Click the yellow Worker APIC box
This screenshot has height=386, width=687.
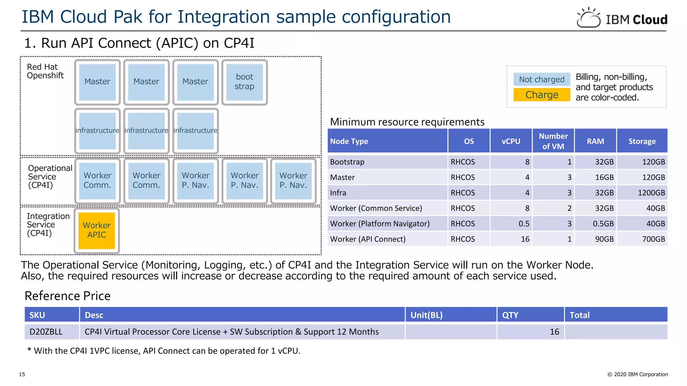pos(97,231)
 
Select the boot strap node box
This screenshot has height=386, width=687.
pos(245,82)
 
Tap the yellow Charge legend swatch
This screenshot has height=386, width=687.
pos(541,95)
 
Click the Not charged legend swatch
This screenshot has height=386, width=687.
pos(541,79)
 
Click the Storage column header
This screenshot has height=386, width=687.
pos(642,141)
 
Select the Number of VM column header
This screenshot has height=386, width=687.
pos(553,141)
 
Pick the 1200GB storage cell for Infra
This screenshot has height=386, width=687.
pos(651,193)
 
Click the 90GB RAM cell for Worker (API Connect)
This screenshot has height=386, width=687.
pos(604,239)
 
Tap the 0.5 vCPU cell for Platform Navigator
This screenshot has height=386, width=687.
pos(524,223)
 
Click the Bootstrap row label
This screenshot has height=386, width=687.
pos(347,162)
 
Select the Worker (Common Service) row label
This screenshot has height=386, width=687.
pos(376,208)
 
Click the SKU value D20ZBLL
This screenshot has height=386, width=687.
pos(46,332)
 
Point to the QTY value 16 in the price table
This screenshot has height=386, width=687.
pos(554,332)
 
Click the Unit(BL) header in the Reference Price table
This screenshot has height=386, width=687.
pos(426,315)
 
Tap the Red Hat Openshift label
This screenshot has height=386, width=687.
pos(45,71)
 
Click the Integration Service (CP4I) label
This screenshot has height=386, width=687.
pos(48,224)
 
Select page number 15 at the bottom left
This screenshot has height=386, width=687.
pos(22,374)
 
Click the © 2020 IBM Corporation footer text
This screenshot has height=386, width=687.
pos(637,374)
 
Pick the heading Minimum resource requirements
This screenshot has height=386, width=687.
pos(407,122)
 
